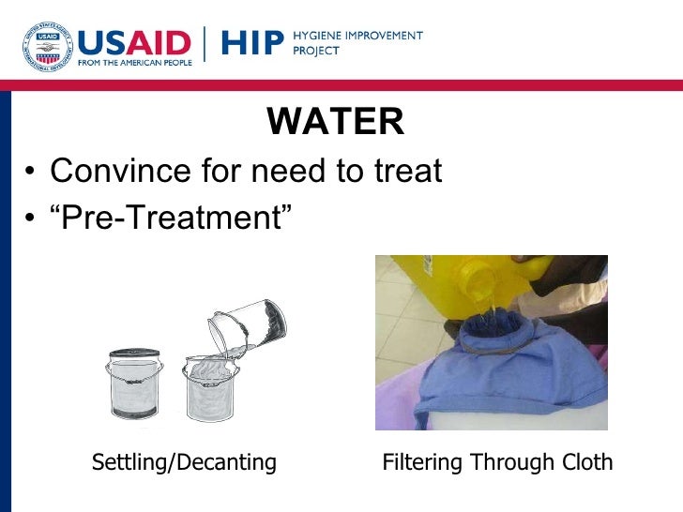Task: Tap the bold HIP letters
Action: coord(251,43)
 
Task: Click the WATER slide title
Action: coord(336,122)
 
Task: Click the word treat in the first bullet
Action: coord(404,173)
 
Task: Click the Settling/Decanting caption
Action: coord(184,462)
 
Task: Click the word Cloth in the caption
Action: coord(585,462)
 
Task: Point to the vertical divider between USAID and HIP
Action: coord(206,44)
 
